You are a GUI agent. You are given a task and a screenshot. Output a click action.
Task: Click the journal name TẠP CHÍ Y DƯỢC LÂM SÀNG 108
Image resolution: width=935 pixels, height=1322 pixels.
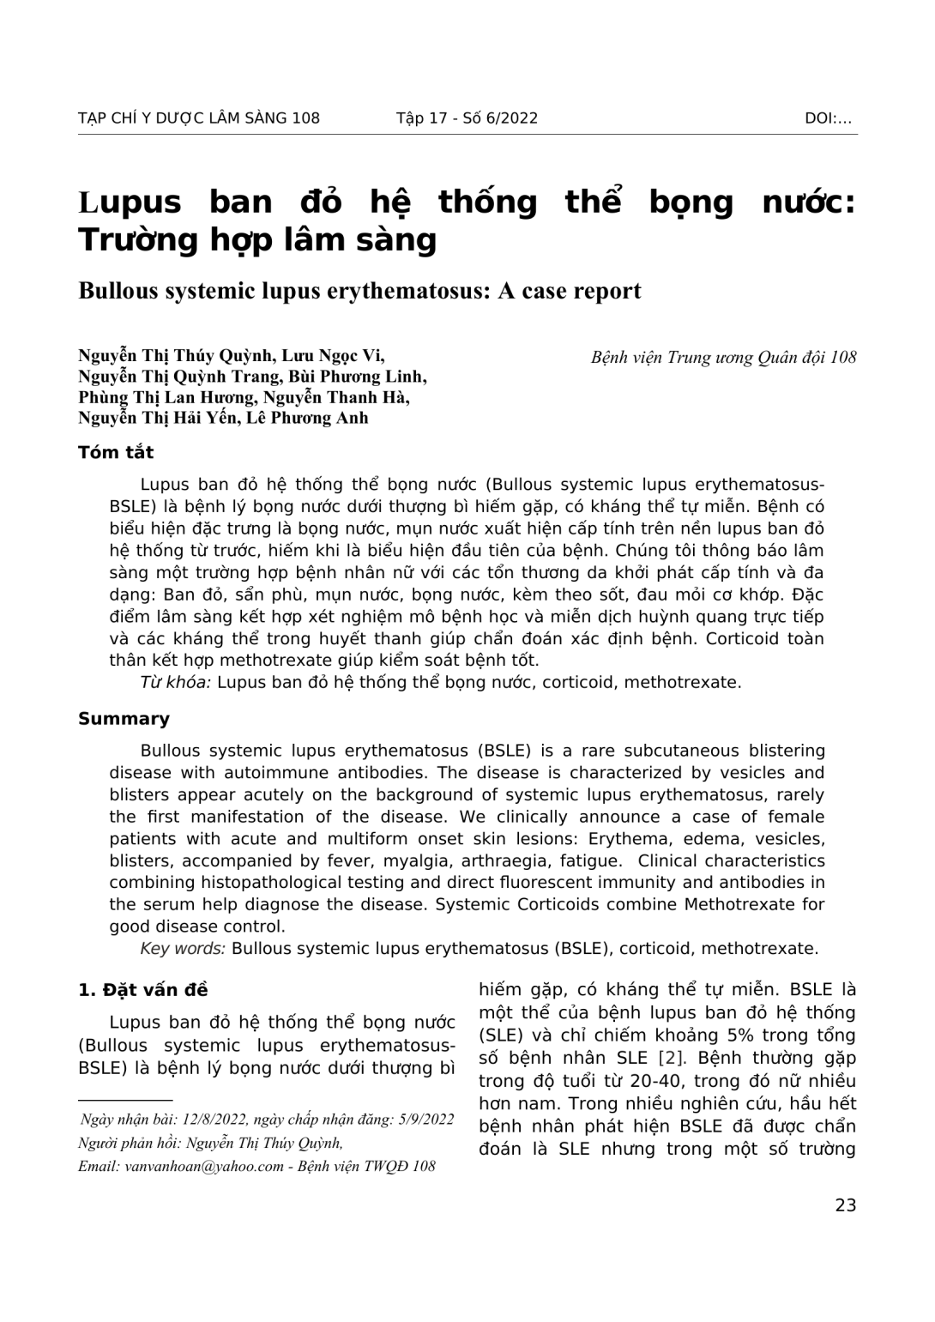coord(198,118)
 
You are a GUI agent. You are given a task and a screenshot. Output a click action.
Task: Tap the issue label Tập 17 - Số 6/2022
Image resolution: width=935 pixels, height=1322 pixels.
coord(467,118)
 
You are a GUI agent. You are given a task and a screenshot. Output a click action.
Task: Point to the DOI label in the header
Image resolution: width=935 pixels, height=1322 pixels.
coord(828,118)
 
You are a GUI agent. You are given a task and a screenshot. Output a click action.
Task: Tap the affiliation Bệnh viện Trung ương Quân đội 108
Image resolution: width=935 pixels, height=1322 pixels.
coord(723,358)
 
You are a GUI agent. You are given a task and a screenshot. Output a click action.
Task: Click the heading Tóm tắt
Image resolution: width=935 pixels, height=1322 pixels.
coord(116,452)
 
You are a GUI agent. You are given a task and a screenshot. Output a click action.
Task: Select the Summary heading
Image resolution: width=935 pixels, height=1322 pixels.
coord(124,719)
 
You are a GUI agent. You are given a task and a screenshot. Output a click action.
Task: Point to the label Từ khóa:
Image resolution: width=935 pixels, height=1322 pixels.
coord(176,683)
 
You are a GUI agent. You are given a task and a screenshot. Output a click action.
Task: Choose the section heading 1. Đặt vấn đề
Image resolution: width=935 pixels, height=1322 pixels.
coord(142,990)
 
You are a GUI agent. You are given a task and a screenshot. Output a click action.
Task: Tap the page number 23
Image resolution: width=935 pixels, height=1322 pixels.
coord(845,1205)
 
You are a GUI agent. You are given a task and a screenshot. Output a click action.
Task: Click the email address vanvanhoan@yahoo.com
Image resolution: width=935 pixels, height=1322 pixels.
coord(204,1166)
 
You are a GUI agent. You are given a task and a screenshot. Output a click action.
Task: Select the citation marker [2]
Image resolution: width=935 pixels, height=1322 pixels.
coord(665,1058)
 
